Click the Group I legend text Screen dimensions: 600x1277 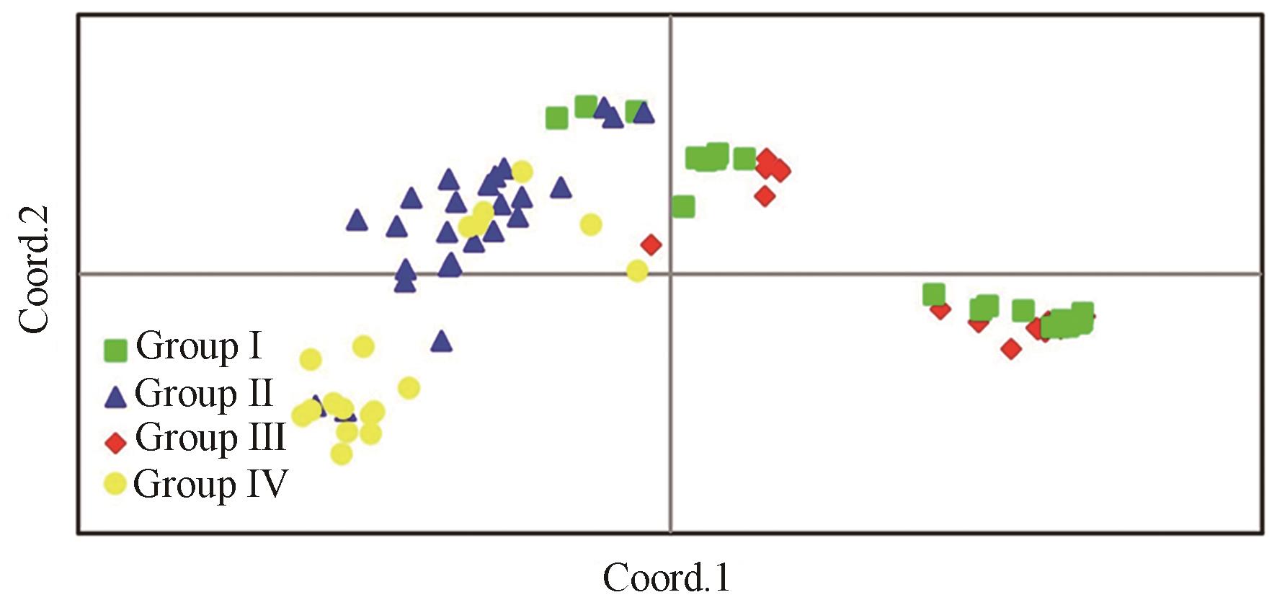coord(198,347)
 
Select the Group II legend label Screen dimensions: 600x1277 coord(203,394)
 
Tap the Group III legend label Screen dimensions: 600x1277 coord(210,438)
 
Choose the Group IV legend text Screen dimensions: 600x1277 coord(210,484)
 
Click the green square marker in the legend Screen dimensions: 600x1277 coord(115,350)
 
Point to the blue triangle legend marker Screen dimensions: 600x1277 coord(116,396)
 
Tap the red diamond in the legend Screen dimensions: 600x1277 coord(115,442)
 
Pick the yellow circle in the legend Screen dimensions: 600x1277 coord(115,484)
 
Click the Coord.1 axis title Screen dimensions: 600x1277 coord(667,578)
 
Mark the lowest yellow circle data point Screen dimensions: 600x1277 coord(342,454)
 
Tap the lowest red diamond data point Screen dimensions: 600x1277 coord(1011,349)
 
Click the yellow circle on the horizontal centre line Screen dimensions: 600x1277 coord(637,271)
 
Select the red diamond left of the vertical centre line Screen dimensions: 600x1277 coord(651,244)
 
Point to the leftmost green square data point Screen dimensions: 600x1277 coord(556,118)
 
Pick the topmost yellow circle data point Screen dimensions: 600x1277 coord(522,172)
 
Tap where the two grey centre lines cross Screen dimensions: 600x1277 coord(671,273)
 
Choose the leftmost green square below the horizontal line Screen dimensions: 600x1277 coord(934,294)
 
